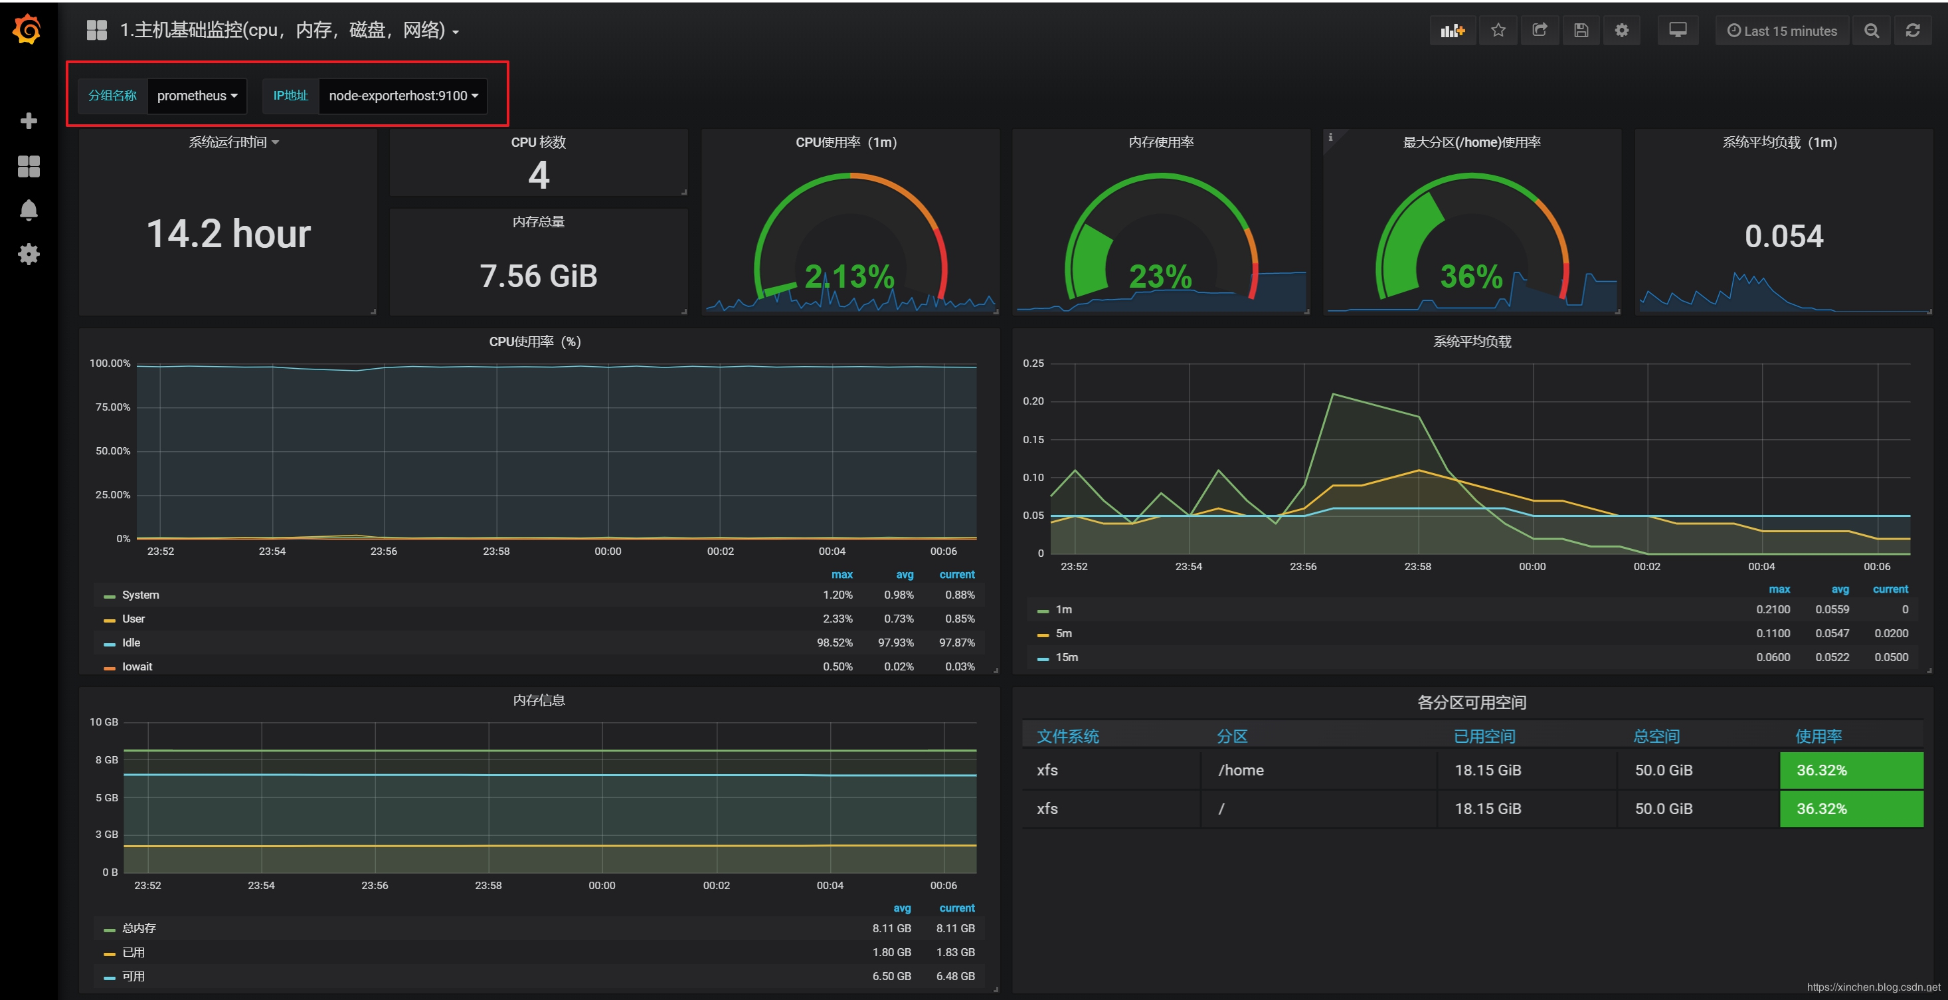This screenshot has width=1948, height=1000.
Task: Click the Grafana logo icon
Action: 27,31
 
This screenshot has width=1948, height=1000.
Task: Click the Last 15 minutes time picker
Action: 1782,31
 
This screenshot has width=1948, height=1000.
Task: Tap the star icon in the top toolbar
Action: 1498,31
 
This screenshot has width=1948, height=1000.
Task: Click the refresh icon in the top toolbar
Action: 1912,31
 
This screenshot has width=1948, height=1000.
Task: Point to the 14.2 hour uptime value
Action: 228,234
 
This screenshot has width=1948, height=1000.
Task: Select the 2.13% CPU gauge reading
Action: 849,277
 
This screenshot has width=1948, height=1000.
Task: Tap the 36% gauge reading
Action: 1471,277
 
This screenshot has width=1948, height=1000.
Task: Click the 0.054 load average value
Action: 1783,237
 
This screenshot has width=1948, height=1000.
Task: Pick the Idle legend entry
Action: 131,643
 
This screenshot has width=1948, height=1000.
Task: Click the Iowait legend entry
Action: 137,666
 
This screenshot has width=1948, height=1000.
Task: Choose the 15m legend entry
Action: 1066,657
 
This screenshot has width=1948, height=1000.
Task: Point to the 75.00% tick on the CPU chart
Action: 113,407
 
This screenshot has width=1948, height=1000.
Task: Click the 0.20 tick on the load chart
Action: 1033,401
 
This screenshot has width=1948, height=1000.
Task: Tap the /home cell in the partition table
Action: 1240,770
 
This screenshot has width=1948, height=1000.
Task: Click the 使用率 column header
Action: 1818,736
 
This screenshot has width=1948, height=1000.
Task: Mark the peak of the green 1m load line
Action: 1332,394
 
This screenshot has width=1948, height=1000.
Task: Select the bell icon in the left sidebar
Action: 29,209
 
